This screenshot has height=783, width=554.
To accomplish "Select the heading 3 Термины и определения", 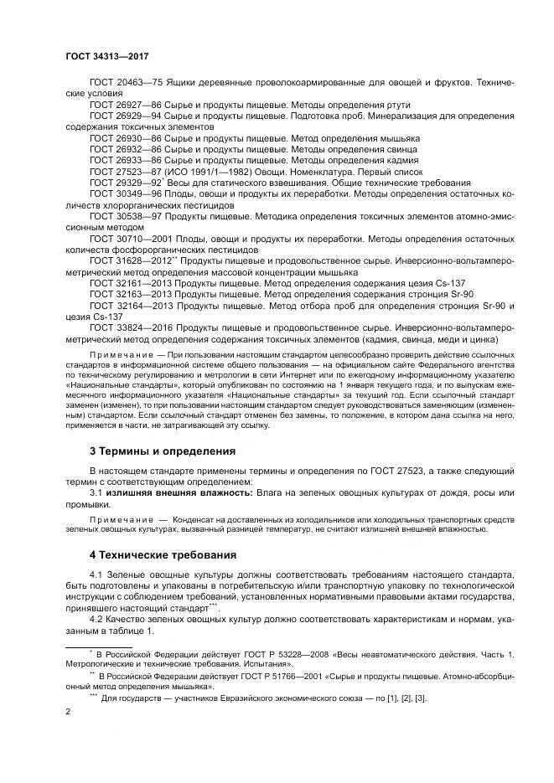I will pos(163,451).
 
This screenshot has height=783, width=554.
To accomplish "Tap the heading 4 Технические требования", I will pos(163,554).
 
